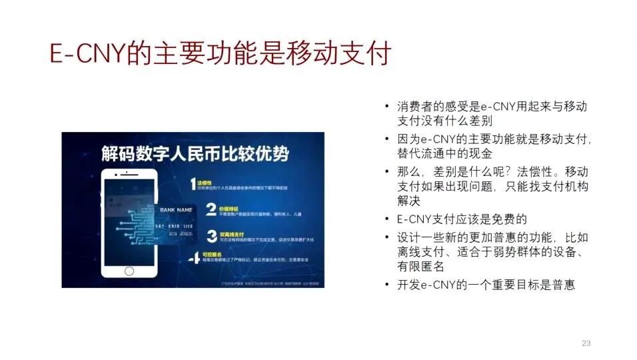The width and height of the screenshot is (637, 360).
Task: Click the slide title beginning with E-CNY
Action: point(220,54)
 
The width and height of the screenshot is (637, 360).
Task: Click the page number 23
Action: point(586,343)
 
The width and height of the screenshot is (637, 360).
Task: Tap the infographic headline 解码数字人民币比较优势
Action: point(195,153)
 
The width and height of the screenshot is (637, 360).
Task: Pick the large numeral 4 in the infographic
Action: point(194,259)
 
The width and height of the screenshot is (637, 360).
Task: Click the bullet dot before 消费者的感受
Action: point(387,107)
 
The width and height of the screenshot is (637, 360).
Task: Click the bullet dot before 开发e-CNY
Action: point(387,285)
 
